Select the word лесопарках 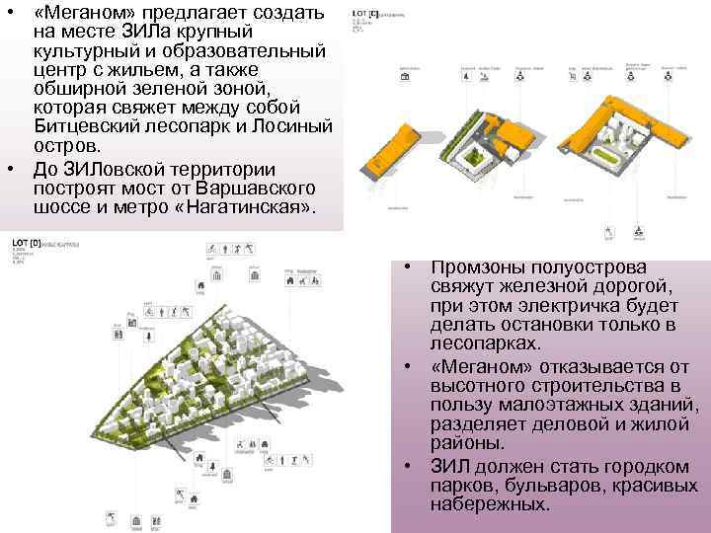[483, 343]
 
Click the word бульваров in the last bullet [550, 485]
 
